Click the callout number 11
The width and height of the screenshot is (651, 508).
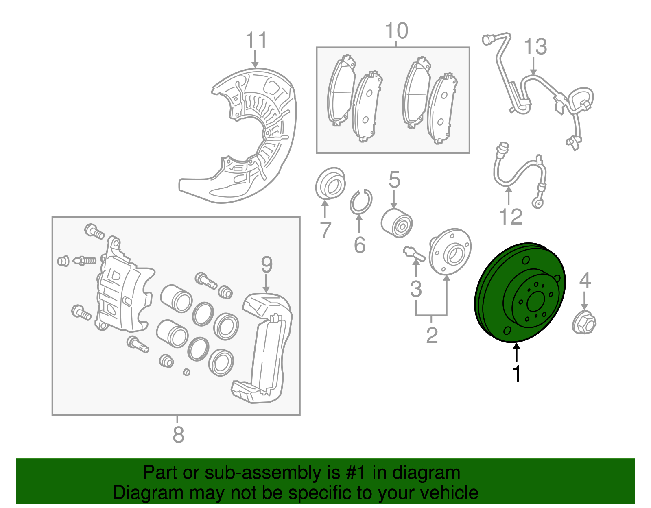(x=256, y=41)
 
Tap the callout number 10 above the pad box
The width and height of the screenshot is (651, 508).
(x=396, y=31)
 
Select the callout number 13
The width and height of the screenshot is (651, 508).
(x=535, y=47)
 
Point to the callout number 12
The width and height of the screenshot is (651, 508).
(x=511, y=217)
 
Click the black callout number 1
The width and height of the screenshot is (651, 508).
(x=516, y=374)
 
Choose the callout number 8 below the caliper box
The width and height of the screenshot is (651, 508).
(x=178, y=435)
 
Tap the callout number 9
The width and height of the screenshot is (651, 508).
(x=267, y=265)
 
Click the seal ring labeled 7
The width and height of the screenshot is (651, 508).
(x=330, y=183)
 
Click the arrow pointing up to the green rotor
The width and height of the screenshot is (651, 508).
(x=516, y=352)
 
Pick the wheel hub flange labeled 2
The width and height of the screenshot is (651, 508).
(x=450, y=252)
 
